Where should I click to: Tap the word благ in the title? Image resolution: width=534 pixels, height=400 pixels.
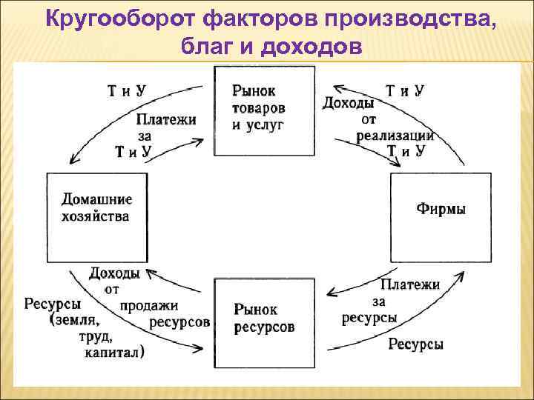[x=207, y=47]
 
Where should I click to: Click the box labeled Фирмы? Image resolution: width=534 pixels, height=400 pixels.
[x=441, y=209]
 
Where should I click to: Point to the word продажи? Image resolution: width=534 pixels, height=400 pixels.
[x=149, y=305]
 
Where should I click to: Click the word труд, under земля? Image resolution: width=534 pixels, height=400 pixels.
[x=94, y=336]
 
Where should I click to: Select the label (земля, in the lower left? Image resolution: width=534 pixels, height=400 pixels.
[x=75, y=320]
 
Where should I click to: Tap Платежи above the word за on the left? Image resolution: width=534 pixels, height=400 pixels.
[x=166, y=120]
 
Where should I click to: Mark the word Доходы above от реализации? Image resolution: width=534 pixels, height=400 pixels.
[x=348, y=103]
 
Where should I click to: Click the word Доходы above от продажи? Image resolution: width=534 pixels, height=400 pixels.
[x=115, y=273]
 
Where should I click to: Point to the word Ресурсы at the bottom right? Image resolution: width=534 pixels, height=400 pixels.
[x=415, y=344]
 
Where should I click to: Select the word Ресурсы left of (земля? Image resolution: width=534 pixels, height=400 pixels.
[x=53, y=304]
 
